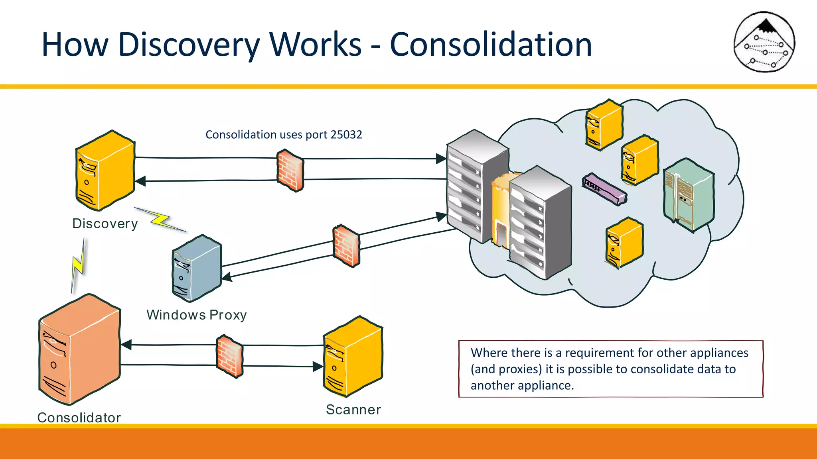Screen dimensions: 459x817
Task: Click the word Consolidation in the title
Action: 491,45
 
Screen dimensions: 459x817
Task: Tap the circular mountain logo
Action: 764,42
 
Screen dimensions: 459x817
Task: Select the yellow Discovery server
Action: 105,171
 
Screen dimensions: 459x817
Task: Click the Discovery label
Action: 105,224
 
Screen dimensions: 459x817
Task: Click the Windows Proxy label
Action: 196,315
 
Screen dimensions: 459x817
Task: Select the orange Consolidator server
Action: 79,350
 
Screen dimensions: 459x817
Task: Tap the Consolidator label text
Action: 79,417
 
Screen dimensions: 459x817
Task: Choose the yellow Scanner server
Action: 353,357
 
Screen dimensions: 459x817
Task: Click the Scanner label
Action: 353,410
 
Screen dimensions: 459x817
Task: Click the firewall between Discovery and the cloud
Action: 290,171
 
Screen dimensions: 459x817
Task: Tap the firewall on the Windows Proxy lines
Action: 346,246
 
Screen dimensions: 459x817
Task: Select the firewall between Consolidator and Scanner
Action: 229,356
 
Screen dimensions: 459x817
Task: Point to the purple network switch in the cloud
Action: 604,189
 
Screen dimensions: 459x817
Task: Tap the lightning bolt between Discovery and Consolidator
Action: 79,265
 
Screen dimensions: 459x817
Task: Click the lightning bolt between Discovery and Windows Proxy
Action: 160,220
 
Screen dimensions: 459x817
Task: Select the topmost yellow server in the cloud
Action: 604,125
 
